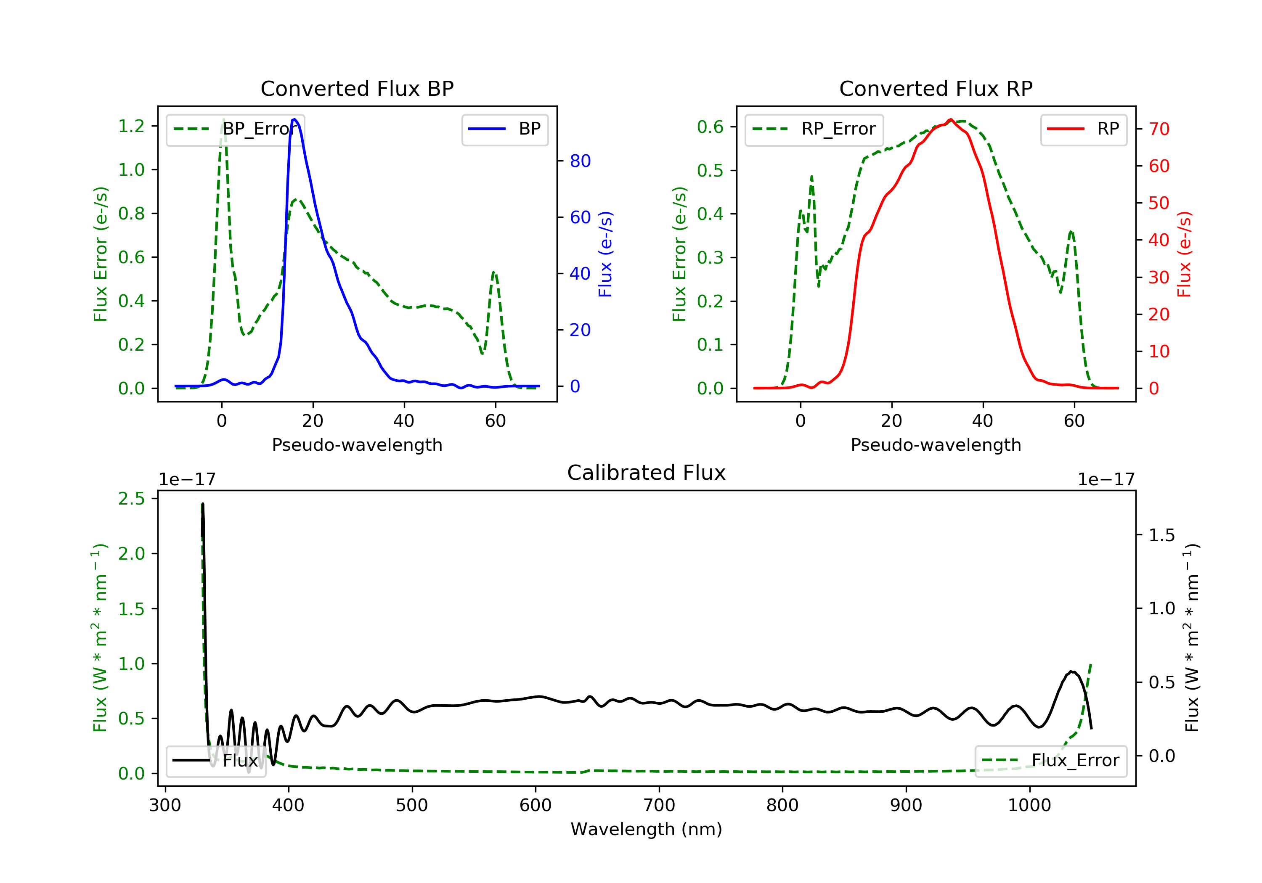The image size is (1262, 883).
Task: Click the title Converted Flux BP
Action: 357,88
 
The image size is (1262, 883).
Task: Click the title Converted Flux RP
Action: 936,88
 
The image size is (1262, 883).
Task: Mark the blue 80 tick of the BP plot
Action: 580,161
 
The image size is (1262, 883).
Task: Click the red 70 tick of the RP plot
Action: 1159,129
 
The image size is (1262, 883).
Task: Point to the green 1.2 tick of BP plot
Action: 131,127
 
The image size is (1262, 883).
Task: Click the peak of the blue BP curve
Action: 294,119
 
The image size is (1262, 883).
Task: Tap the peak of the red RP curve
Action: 950,119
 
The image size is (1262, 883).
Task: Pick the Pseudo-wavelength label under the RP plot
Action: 936,444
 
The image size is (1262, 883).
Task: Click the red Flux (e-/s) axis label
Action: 1184,254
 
